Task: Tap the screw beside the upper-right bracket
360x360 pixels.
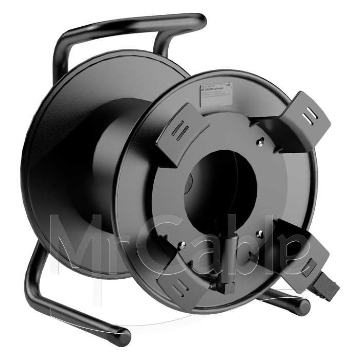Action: (x=260, y=143)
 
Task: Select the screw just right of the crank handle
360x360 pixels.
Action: (x=259, y=234)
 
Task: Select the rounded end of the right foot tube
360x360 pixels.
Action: (x=303, y=308)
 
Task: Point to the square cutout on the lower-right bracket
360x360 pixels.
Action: (x=309, y=265)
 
